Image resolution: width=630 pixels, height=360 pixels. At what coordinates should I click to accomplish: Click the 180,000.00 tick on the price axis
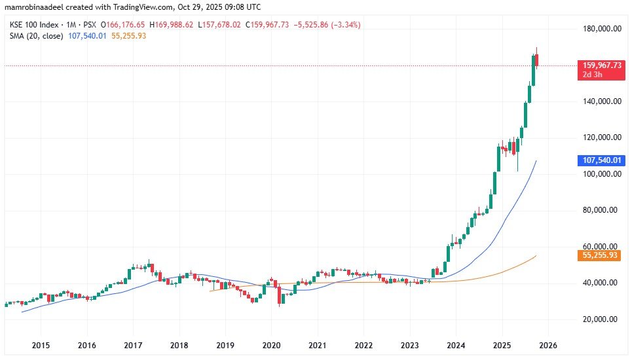(x=601, y=29)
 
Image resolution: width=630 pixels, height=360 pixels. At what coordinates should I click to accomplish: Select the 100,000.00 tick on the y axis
(x=601, y=174)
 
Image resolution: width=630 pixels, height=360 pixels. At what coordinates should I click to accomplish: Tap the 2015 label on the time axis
(x=41, y=345)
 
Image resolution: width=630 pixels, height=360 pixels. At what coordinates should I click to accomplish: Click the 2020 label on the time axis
(x=271, y=345)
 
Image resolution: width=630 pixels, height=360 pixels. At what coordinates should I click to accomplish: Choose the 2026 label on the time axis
(x=547, y=345)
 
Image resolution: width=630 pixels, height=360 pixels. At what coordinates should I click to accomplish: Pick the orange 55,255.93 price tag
(x=602, y=255)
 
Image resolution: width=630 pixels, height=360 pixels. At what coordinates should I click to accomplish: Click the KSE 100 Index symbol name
(x=31, y=25)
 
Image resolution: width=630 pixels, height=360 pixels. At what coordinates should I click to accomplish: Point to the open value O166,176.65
(x=122, y=25)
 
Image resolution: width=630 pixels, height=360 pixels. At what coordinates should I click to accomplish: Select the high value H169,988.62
(x=176, y=25)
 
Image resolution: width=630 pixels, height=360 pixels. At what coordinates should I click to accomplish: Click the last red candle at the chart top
(x=536, y=60)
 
